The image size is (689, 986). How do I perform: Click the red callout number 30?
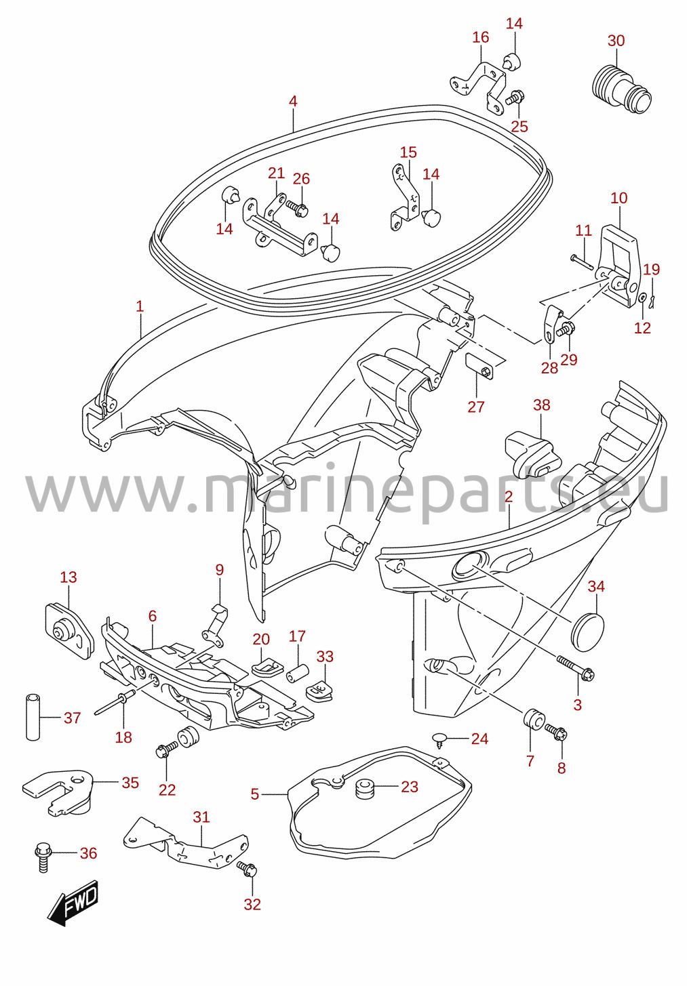point(616,41)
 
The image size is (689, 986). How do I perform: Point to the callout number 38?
point(541,405)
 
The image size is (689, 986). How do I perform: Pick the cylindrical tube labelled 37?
point(33,718)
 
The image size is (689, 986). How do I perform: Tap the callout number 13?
point(68,577)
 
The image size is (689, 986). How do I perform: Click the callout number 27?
point(476,407)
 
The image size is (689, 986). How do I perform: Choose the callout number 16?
point(481,37)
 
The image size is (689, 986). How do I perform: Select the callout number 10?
point(619,198)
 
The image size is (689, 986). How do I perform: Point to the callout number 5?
point(254,794)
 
